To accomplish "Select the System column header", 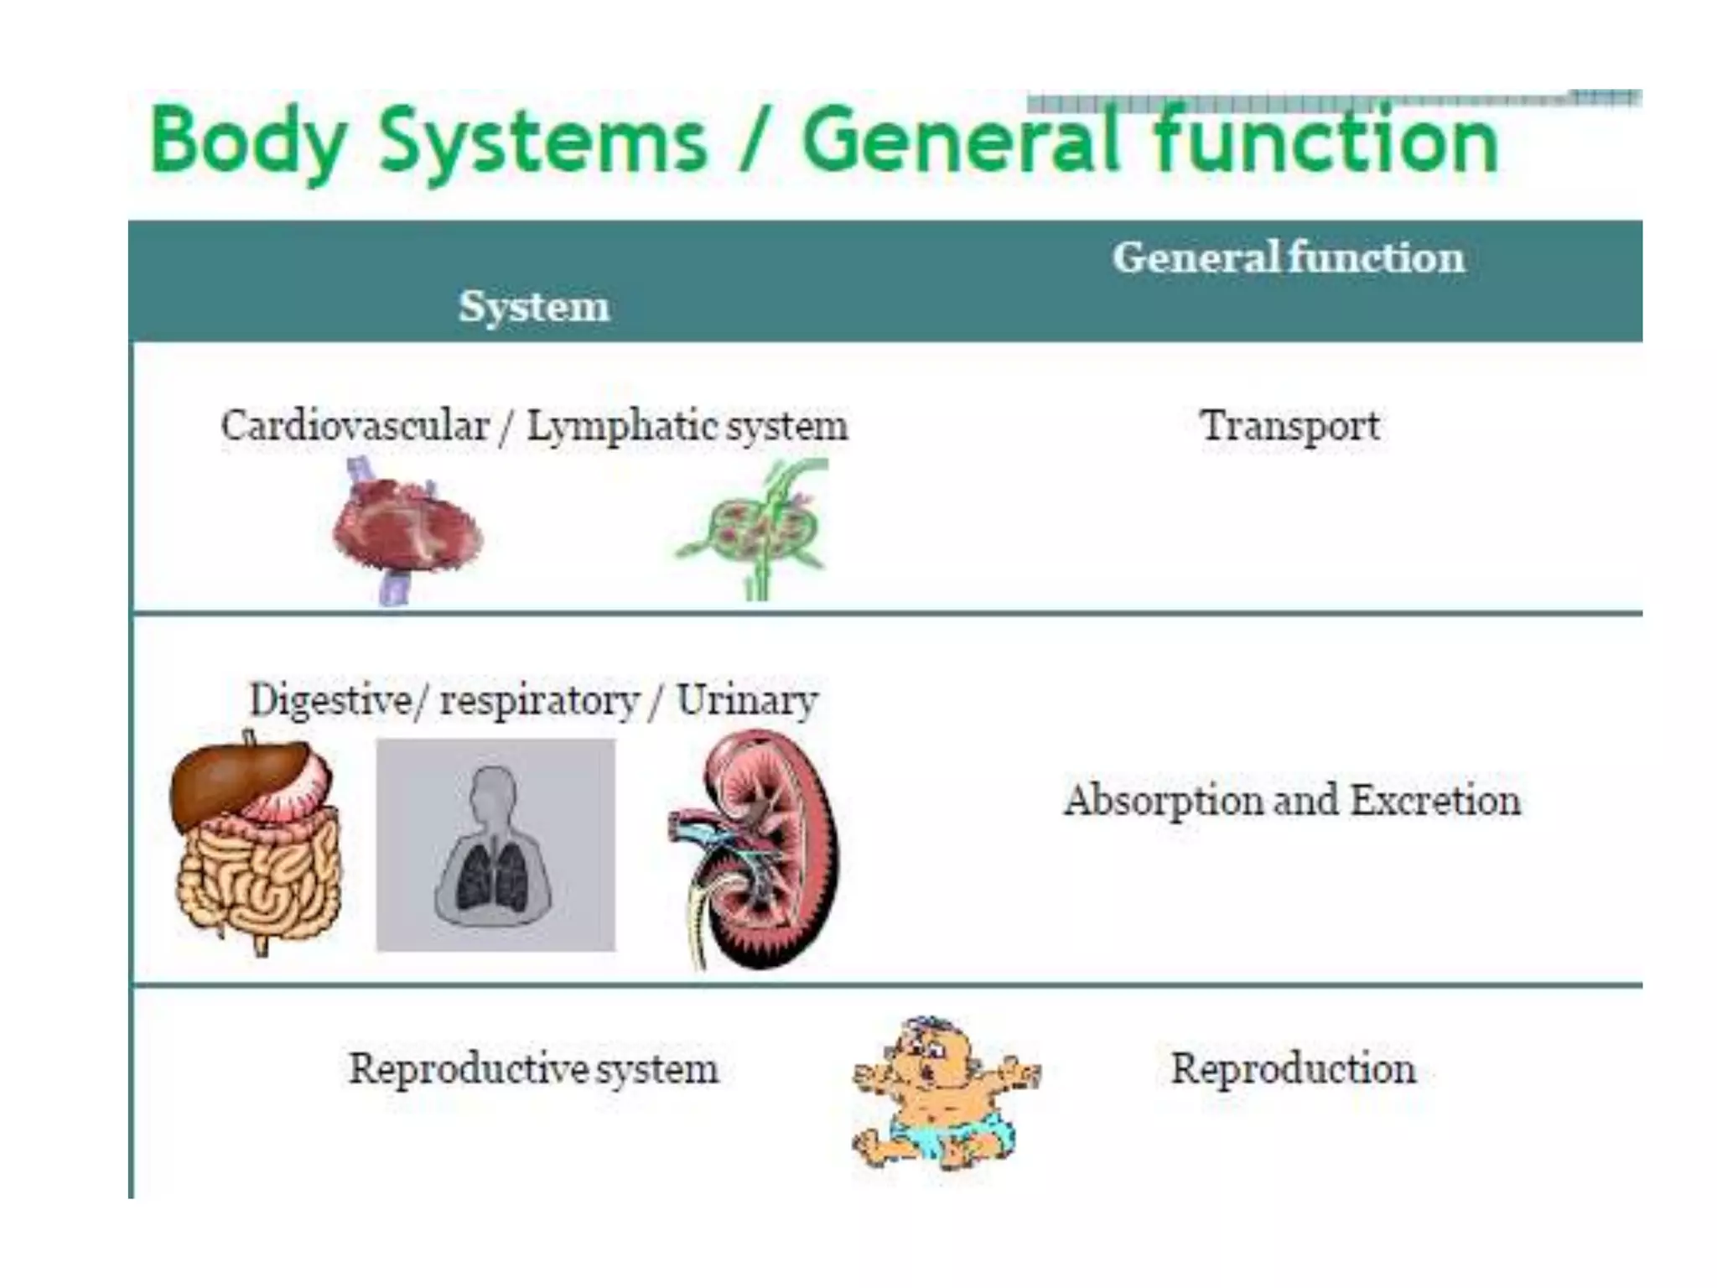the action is click(x=534, y=306).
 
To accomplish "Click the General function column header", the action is click(x=1289, y=257).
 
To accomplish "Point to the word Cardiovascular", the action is click(x=355, y=426).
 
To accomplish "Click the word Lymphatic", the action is click(x=620, y=426).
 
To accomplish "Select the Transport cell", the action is click(x=1289, y=426).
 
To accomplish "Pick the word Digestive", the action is click(x=330, y=700).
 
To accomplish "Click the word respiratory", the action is click(x=540, y=700).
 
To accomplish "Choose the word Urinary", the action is click(x=747, y=700).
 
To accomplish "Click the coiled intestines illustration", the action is click(x=256, y=880).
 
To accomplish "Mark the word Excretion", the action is click(x=1435, y=801).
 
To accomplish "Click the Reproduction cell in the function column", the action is click(x=1293, y=1069).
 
